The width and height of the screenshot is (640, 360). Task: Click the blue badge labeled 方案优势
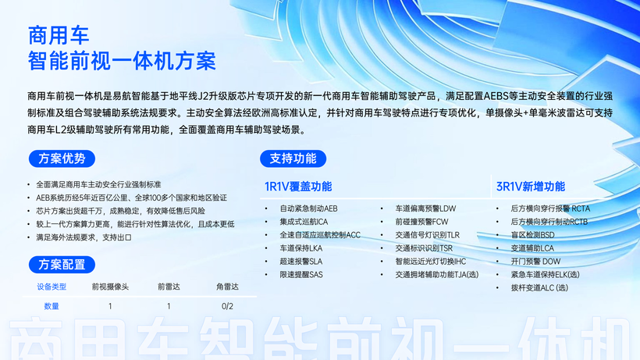[62, 159]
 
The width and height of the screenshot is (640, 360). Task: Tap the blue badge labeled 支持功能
[293, 159]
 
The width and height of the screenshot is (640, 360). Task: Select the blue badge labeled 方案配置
[62, 265]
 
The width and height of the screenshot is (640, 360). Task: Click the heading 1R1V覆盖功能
[298, 187]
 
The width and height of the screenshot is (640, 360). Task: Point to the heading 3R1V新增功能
[531, 187]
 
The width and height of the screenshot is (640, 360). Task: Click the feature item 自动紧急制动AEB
[308, 209]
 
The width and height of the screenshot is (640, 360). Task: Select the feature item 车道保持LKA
[300, 248]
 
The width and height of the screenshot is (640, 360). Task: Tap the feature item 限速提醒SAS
[301, 275]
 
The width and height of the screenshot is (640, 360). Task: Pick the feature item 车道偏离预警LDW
[425, 209]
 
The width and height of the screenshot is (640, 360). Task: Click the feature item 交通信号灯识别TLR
[428, 235]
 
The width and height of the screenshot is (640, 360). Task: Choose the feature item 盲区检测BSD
[532, 235]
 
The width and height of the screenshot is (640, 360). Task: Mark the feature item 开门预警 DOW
[535, 262]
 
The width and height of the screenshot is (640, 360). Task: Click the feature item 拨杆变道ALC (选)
[539, 287]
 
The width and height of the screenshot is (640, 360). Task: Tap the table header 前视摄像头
[110, 287]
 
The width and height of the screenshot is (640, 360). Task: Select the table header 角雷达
[227, 287]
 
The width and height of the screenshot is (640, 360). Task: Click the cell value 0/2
[227, 306]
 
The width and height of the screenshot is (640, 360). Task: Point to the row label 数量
[52, 306]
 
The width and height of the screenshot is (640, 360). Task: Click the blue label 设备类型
[52, 287]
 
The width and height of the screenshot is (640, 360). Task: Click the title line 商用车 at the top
[59, 35]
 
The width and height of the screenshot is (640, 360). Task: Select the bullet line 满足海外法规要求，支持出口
[84, 237]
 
